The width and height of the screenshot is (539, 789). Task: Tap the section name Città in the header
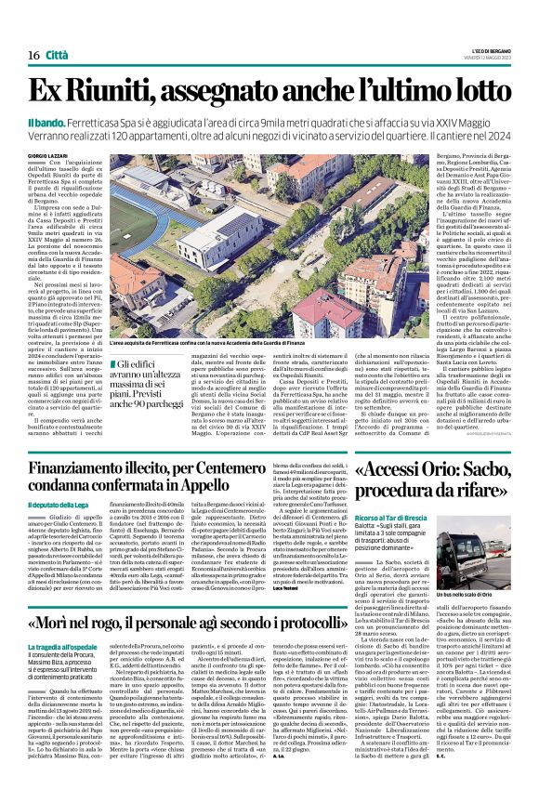coord(57,56)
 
